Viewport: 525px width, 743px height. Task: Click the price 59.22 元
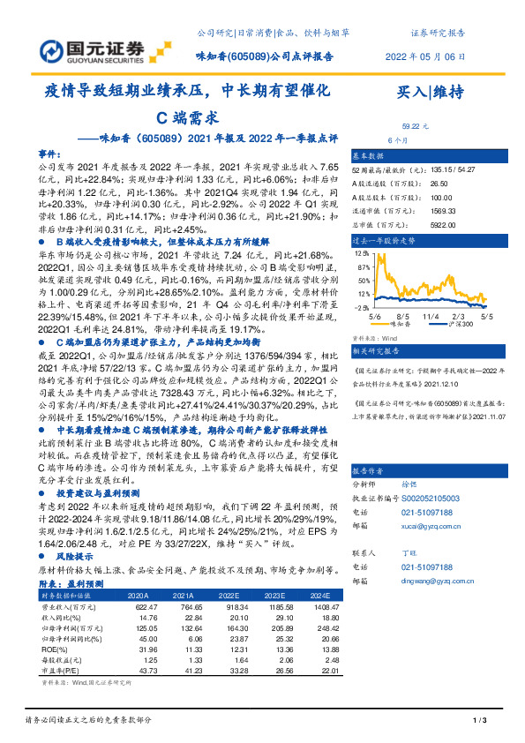[x=415, y=126]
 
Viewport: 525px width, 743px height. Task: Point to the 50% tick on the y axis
[x=362, y=281]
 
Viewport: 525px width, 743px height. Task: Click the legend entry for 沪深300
[x=457, y=323]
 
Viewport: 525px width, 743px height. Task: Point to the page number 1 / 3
[x=480, y=722]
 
